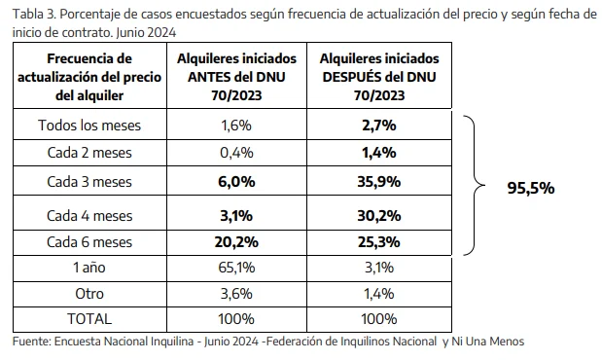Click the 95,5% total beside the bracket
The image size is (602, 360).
(x=530, y=188)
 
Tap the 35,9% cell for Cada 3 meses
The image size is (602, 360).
(x=380, y=180)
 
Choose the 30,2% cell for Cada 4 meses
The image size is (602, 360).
(x=380, y=214)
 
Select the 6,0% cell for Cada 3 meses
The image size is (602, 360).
(x=236, y=180)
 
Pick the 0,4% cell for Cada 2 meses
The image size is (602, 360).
(x=236, y=152)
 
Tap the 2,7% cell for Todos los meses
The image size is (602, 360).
(x=380, y=126)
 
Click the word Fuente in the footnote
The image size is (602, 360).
(x=31, y=342)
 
